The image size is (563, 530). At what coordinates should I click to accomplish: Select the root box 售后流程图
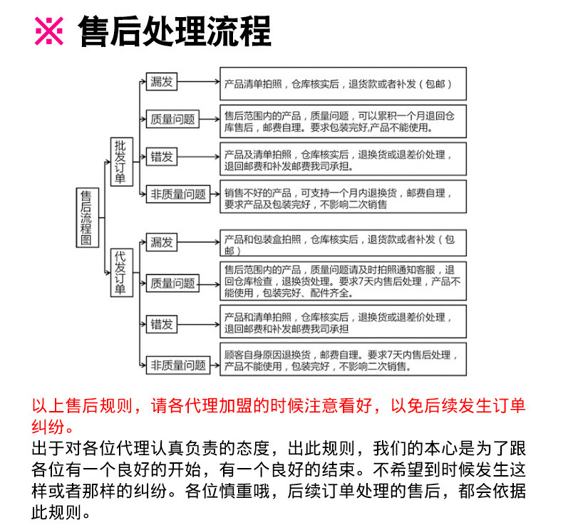click(86, 217)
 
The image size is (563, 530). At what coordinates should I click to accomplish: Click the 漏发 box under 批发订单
click(161, 82)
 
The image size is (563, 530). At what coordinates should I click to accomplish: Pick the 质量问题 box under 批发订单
click(172, 119)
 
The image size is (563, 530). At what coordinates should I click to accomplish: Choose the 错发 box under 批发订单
click(161, 157)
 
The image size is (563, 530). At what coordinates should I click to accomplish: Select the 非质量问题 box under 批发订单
click(177, 194)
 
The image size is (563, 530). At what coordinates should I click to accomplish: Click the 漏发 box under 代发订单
click(161, 242)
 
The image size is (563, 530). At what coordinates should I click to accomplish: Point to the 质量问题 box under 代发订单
click(172, 283)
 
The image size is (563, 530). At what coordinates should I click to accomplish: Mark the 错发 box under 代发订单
click(161, 324)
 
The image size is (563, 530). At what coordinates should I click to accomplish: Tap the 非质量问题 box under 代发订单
click(177, 365)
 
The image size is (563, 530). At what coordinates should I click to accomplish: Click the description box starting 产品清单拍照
click(342, 83)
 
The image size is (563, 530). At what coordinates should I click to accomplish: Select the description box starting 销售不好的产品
click(342, 197)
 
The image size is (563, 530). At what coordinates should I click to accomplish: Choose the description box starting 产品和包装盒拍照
click(342, 243)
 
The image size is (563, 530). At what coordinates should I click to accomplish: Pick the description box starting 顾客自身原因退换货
click(342, 360)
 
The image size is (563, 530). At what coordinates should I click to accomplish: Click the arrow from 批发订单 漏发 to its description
click(197, 82)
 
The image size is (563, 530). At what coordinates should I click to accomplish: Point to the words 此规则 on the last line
click(59, 512)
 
